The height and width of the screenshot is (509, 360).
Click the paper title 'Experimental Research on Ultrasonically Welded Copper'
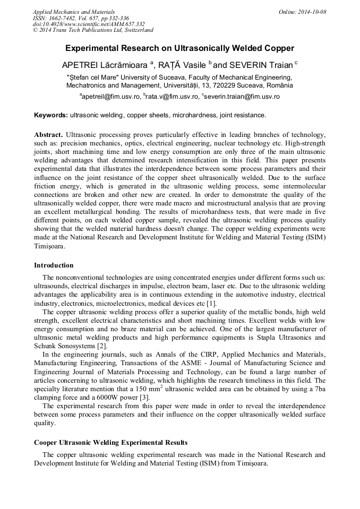pos(179,48)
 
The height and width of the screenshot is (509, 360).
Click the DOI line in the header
pos(88,24)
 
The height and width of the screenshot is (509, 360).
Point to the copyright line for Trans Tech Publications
pos(93,30)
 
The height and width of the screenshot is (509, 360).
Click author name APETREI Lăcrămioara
pos(106,65)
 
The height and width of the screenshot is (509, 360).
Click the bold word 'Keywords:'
pos(51,115)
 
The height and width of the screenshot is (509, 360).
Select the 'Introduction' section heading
pos(54,265)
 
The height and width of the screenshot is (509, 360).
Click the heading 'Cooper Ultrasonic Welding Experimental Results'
pos(110,442)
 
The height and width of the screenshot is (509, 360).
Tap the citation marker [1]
pos(211,303)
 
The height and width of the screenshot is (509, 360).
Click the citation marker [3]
pos(144,398)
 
